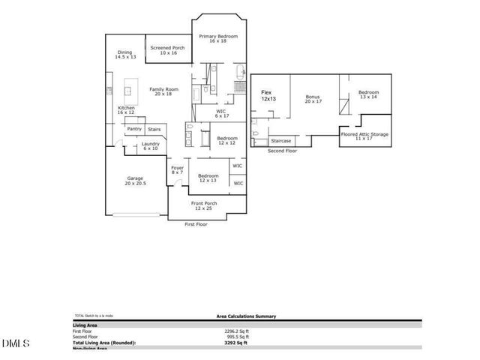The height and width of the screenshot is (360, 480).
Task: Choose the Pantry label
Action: (x=134, y=128)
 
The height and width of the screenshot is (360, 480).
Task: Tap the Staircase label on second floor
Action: (x=280, y=140)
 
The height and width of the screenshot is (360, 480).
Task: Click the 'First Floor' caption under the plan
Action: (x=196, y=224)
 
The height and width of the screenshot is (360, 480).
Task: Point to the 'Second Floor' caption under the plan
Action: (x=282, y=151)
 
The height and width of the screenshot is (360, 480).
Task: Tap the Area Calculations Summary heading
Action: (x=237, y=317)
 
